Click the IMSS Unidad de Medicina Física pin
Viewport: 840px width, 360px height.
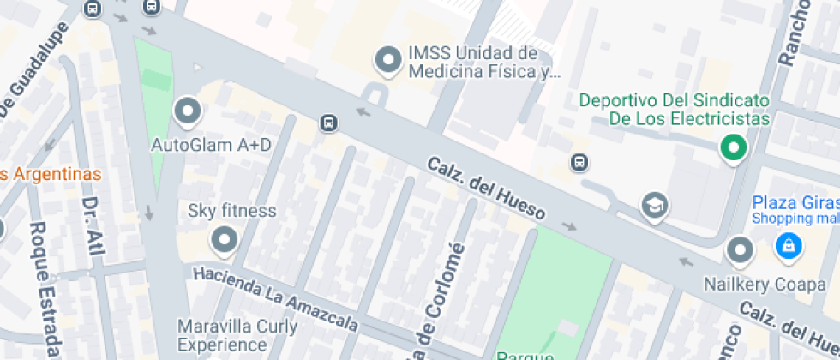(x=389, y=60)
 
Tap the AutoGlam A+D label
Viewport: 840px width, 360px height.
(x=211, y=145)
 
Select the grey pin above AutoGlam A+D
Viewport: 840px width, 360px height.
(x=186, y=111)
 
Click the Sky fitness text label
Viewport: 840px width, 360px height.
(x=232, y=211)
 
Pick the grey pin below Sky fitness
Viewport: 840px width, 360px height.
(x=225, y=240)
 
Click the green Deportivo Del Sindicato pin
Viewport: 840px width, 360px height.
(x=733, y=149)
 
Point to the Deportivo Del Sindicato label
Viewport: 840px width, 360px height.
(x=675, y=109)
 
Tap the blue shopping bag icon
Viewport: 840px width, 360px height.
(x=785, y=248)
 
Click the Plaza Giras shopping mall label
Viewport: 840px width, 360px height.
(x=795, y=210)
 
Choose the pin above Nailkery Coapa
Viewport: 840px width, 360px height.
(x=739, y=251)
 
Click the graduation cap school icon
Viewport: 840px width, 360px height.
(x=655, y=205)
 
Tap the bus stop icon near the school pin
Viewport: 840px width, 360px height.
(x=579, y=162)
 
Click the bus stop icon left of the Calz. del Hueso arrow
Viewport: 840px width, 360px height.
(x=327, y=123)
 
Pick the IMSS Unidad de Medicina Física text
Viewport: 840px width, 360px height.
(x=484, y=63)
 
